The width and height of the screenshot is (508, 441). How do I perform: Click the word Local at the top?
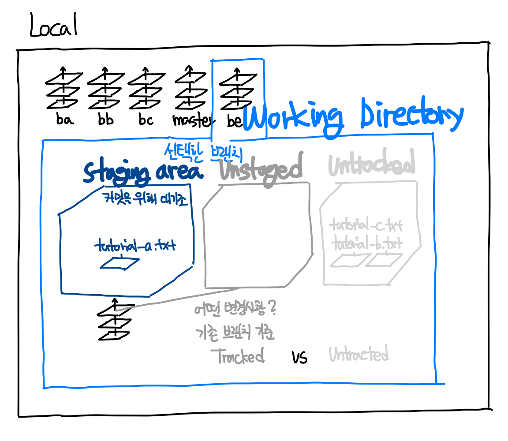click(53, 25)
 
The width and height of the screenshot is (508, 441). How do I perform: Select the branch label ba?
click(65, 119)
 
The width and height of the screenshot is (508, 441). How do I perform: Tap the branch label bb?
click(105, 119)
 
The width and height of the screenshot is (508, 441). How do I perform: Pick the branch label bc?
click(146, 120)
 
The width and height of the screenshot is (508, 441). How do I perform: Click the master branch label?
click(190, 120)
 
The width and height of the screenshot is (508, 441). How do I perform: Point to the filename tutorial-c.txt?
click(366, 227)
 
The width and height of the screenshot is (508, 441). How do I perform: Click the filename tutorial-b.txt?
click(366, 243)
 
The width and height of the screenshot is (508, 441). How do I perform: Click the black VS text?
click(299, 358)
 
